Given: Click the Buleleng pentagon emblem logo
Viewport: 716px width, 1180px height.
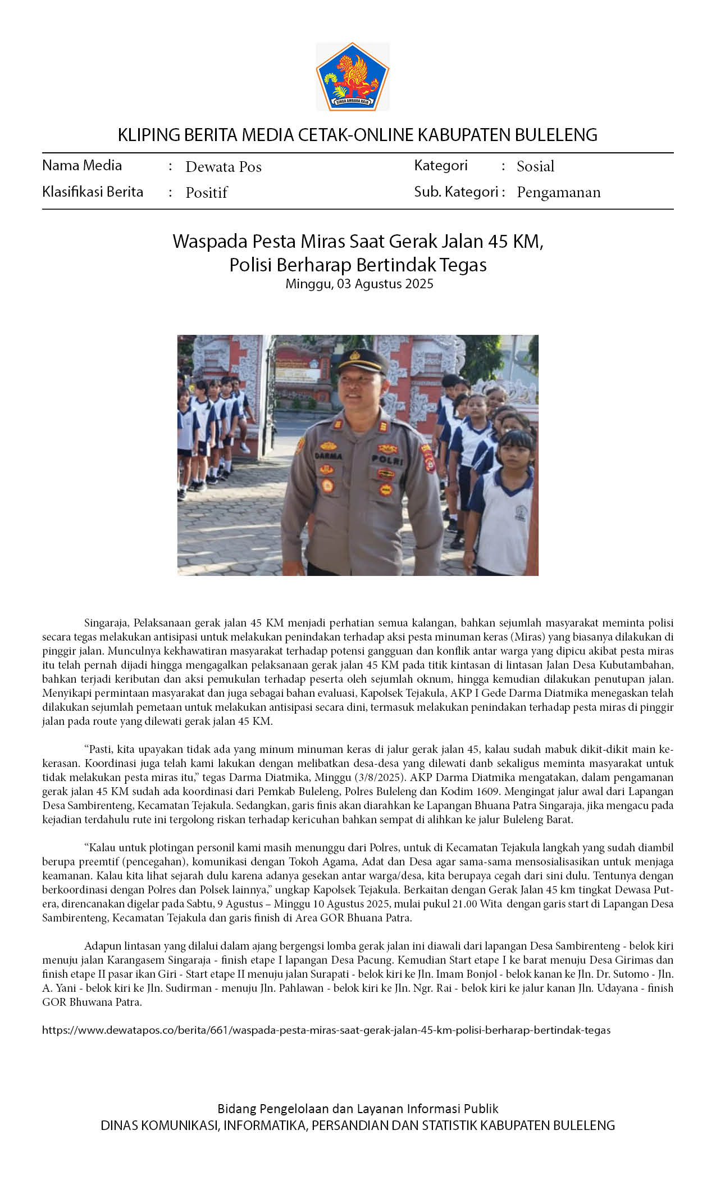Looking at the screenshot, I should (x=353, y=76).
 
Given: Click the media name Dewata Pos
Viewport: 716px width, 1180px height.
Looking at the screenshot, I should (x=224, y=167).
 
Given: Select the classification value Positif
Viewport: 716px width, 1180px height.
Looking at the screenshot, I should (x=206, y=193).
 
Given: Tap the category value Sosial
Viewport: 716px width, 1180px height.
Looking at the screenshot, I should (x=535, y=166).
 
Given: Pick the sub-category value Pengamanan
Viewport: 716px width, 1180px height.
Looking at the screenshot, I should (x=558, y=192).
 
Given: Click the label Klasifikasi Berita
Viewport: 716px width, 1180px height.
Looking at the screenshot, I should (x=93, y=192).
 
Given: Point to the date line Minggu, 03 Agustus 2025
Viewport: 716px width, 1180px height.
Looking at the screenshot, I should (x=359, y=284).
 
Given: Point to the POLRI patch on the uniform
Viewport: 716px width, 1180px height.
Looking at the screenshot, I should (x=387, y=460).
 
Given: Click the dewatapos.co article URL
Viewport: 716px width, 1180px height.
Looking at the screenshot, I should (x=326, y=1030).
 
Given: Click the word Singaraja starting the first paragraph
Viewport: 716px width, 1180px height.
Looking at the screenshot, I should (x=107, y=623).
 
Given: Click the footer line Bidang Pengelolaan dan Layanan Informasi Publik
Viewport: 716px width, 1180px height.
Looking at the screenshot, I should (x=358, y=1109).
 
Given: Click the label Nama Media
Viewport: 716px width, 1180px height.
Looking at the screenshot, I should (x=82, y=165).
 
